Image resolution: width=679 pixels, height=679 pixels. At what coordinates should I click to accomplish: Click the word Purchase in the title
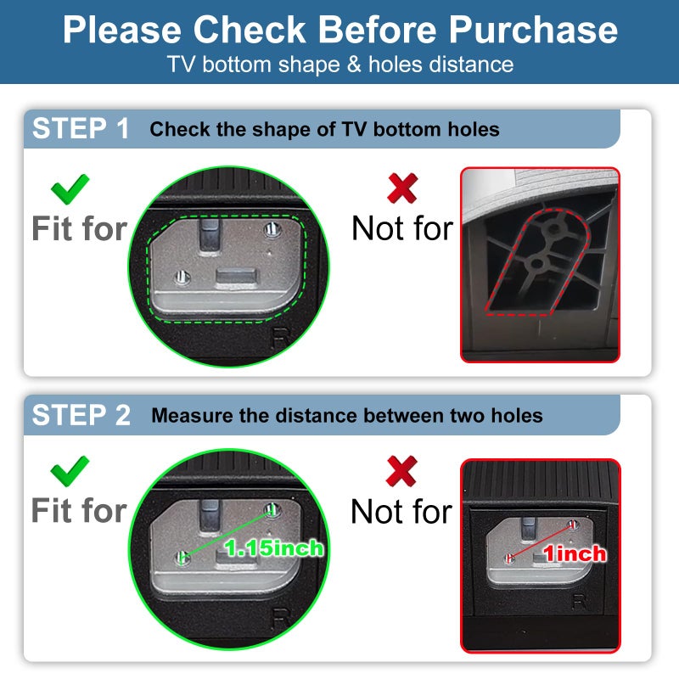point(533,30)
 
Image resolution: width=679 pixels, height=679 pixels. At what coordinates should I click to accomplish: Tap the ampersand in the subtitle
point(354,65)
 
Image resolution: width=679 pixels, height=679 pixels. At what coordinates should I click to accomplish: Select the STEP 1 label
point(81,128)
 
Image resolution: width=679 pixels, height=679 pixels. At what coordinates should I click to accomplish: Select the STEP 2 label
point(81,415)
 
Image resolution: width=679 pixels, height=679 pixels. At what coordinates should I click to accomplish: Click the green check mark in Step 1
point(70,189)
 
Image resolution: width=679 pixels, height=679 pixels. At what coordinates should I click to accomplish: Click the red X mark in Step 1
point(402,188)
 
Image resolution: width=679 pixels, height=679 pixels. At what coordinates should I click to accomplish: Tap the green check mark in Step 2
point(70,471)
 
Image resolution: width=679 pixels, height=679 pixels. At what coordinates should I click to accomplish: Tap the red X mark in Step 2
point(401,471)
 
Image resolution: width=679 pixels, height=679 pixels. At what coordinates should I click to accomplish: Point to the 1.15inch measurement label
point(273,548)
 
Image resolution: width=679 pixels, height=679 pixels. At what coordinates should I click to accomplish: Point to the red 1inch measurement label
point(575,554)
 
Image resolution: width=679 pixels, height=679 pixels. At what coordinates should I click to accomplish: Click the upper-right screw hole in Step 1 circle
point(272,229)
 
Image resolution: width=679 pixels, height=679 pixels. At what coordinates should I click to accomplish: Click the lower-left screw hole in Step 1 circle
point(182,278)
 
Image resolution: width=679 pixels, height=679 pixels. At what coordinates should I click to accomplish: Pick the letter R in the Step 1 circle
point(281,338)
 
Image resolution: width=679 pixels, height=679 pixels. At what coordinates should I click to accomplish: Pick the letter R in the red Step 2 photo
point(580,602)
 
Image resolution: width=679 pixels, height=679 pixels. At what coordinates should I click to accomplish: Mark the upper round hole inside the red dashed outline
point(555,227)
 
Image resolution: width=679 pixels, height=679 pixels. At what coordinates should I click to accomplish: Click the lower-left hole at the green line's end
point(182,558)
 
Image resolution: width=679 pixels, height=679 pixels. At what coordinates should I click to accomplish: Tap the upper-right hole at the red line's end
point(573,525)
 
